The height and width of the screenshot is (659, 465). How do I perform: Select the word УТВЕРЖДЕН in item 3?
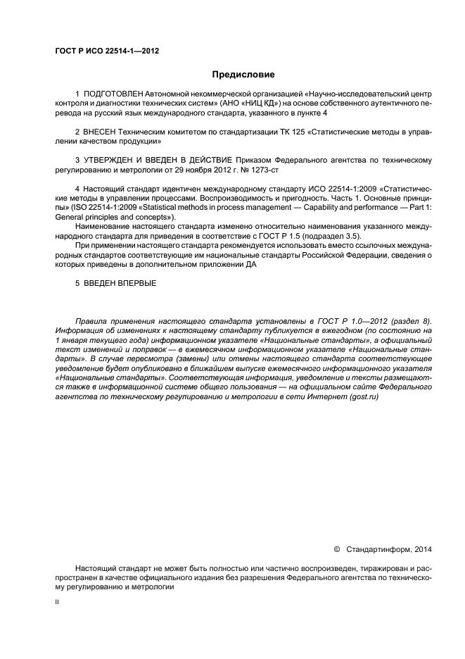point(111,161)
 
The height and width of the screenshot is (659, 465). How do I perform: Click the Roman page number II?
point(57,603)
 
